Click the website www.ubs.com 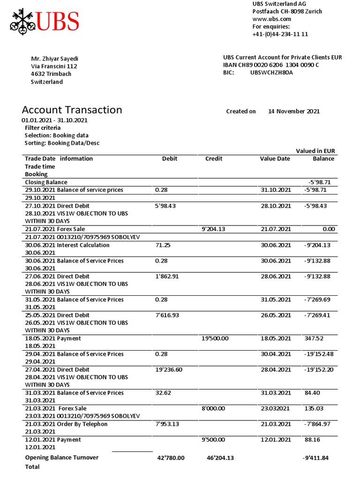pyautogui.click(x=272, y=19)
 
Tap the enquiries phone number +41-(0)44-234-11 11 pyautogui.click(x=280, y=34)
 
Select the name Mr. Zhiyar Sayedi pyautogui.click(x=54, y=59)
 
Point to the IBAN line pyautogui.click(x=271, y=65)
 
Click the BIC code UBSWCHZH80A pyautogui.click(x=271, y=73)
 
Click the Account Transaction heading pyautogui.click(x=72, y=110)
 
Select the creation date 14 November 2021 pyautogui.click(x=293, y=112)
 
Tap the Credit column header pyautogui.click(x=214, y=158)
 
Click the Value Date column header pyautogui.click(x=275, y=158)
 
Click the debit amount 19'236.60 pyautogui.click(x=169, y=369)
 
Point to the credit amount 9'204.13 pyautogui.click(x=213, y=229)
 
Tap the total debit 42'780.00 pyautogui.click(x=171, y=457)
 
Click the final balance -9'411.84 pyautogui.click(x=319, y=457)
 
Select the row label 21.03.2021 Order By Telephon pyautogui.click(x=66, y=424)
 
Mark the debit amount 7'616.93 pyautogui.click(x=167, y=315)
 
